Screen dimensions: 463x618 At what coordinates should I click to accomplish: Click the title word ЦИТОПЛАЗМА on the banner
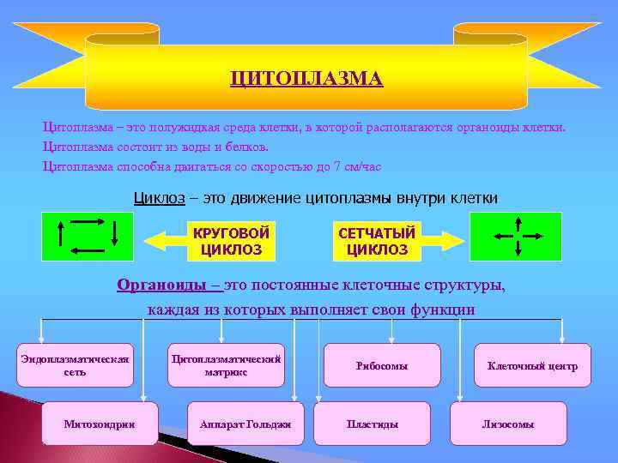tap(306, 79)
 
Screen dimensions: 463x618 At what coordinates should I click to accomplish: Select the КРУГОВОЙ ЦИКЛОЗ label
tap(231, 241)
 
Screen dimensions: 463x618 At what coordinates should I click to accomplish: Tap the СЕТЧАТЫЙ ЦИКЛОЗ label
tap(377, 241)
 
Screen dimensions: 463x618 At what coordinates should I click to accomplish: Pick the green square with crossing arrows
tap(515, 236)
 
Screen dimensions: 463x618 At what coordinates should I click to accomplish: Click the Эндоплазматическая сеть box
tap(75, 365)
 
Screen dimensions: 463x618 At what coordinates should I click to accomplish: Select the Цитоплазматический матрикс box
tap(226, 365)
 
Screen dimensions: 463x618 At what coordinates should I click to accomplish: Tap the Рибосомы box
tap(382, 365)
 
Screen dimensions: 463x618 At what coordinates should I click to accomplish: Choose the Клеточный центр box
tap(532, 365)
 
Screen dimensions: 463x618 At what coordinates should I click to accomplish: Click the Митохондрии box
tap(100, 424)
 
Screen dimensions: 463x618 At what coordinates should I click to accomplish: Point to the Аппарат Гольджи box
tap(245, 424)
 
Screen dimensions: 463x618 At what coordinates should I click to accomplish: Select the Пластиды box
tap(372, 424)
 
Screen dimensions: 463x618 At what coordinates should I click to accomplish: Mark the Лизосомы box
tap(508, 424)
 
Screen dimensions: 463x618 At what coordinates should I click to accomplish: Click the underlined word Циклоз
tap(160, 198)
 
